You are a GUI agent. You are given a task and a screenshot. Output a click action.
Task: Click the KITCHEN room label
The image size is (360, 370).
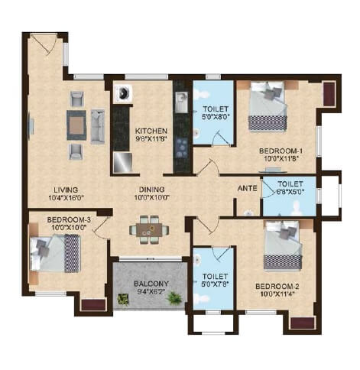click(x=151, y=131)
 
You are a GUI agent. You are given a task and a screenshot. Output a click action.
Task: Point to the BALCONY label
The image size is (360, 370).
click(x=150, y=281)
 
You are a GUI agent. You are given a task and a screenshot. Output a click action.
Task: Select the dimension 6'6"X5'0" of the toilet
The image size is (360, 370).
click(x=290, y=193)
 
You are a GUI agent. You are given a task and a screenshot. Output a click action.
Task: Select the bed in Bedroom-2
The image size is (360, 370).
click(x=281, y=246)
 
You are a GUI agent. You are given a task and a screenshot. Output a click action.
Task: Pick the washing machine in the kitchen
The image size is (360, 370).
click(x=122, y=94)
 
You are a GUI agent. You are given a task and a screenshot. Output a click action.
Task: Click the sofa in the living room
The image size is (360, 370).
click(x=98, y=125)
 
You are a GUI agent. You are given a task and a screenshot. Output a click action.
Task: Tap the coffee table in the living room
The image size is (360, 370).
click(x=76, y=124)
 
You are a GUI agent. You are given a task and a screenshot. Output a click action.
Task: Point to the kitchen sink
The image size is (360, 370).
click(x=181, y=102)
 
